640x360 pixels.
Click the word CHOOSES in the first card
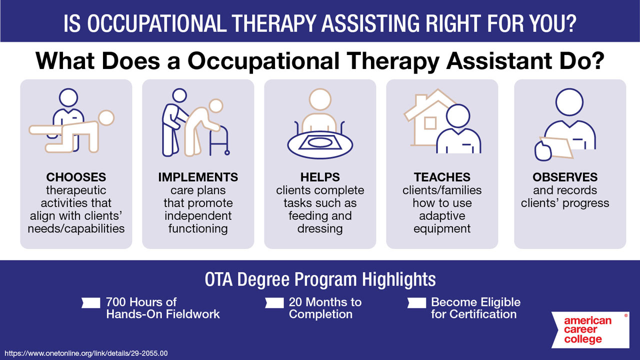coord(76,177)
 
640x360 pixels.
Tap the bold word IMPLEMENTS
coord(198,177)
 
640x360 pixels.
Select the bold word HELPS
coord(320,177)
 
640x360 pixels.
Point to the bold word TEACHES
coord(442,177)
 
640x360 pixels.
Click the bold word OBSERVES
coord(565,177)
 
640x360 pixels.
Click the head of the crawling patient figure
coord(106,118)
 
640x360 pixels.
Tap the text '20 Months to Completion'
coord(325,308)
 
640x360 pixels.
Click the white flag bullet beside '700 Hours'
coord(91,302)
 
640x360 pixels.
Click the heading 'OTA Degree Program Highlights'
coord(320,279)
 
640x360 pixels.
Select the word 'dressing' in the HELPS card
coord(320,229)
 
